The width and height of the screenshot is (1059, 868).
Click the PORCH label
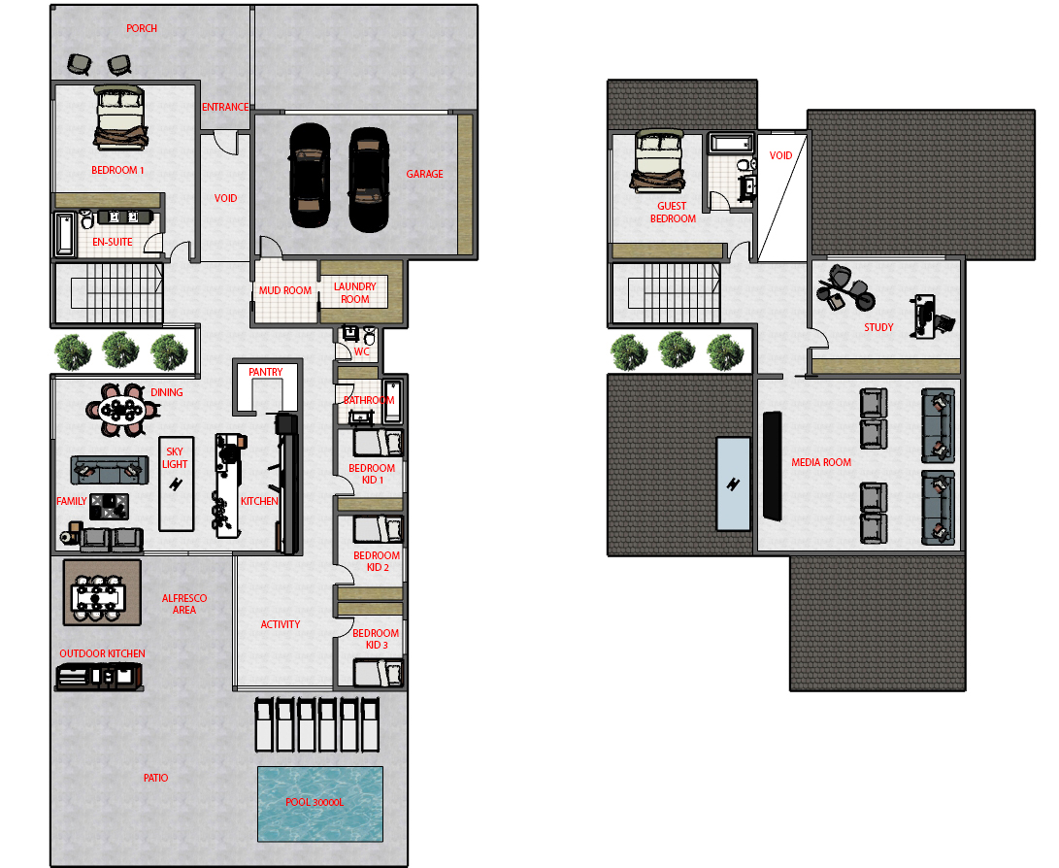(x=141, y=28)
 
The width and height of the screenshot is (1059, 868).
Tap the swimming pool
(x=320, y=804)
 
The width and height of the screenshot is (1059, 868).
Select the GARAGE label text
(x=424, y=174)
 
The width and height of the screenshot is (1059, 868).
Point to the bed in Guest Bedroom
(x=658, y=161)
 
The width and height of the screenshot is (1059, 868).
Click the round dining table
(x=121, y=410)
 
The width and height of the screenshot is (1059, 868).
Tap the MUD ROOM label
(x=285, y=290)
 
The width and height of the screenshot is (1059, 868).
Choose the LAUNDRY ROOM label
(x=354, y=292)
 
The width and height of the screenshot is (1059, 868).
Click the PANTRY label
(x=265, y=372)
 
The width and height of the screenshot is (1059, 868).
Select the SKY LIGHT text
(x=175, y=458)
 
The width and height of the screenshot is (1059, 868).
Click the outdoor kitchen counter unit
(x=99, y=676)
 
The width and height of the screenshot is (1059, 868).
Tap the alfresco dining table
(x=99, y=598)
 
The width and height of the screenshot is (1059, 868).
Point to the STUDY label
(x=878, y=327)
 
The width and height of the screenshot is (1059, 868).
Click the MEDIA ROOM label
(x=821, y=463)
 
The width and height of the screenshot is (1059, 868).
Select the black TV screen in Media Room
(x=772, y=466)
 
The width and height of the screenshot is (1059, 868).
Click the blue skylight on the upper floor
(x=733, y=484)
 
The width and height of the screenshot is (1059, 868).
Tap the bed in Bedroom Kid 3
(x=378, y=673)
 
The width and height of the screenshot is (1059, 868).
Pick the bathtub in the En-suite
(x=64, y=235)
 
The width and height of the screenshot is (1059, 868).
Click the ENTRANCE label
(x=225, y=107)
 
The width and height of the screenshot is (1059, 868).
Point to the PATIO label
(x=155, y=778)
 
